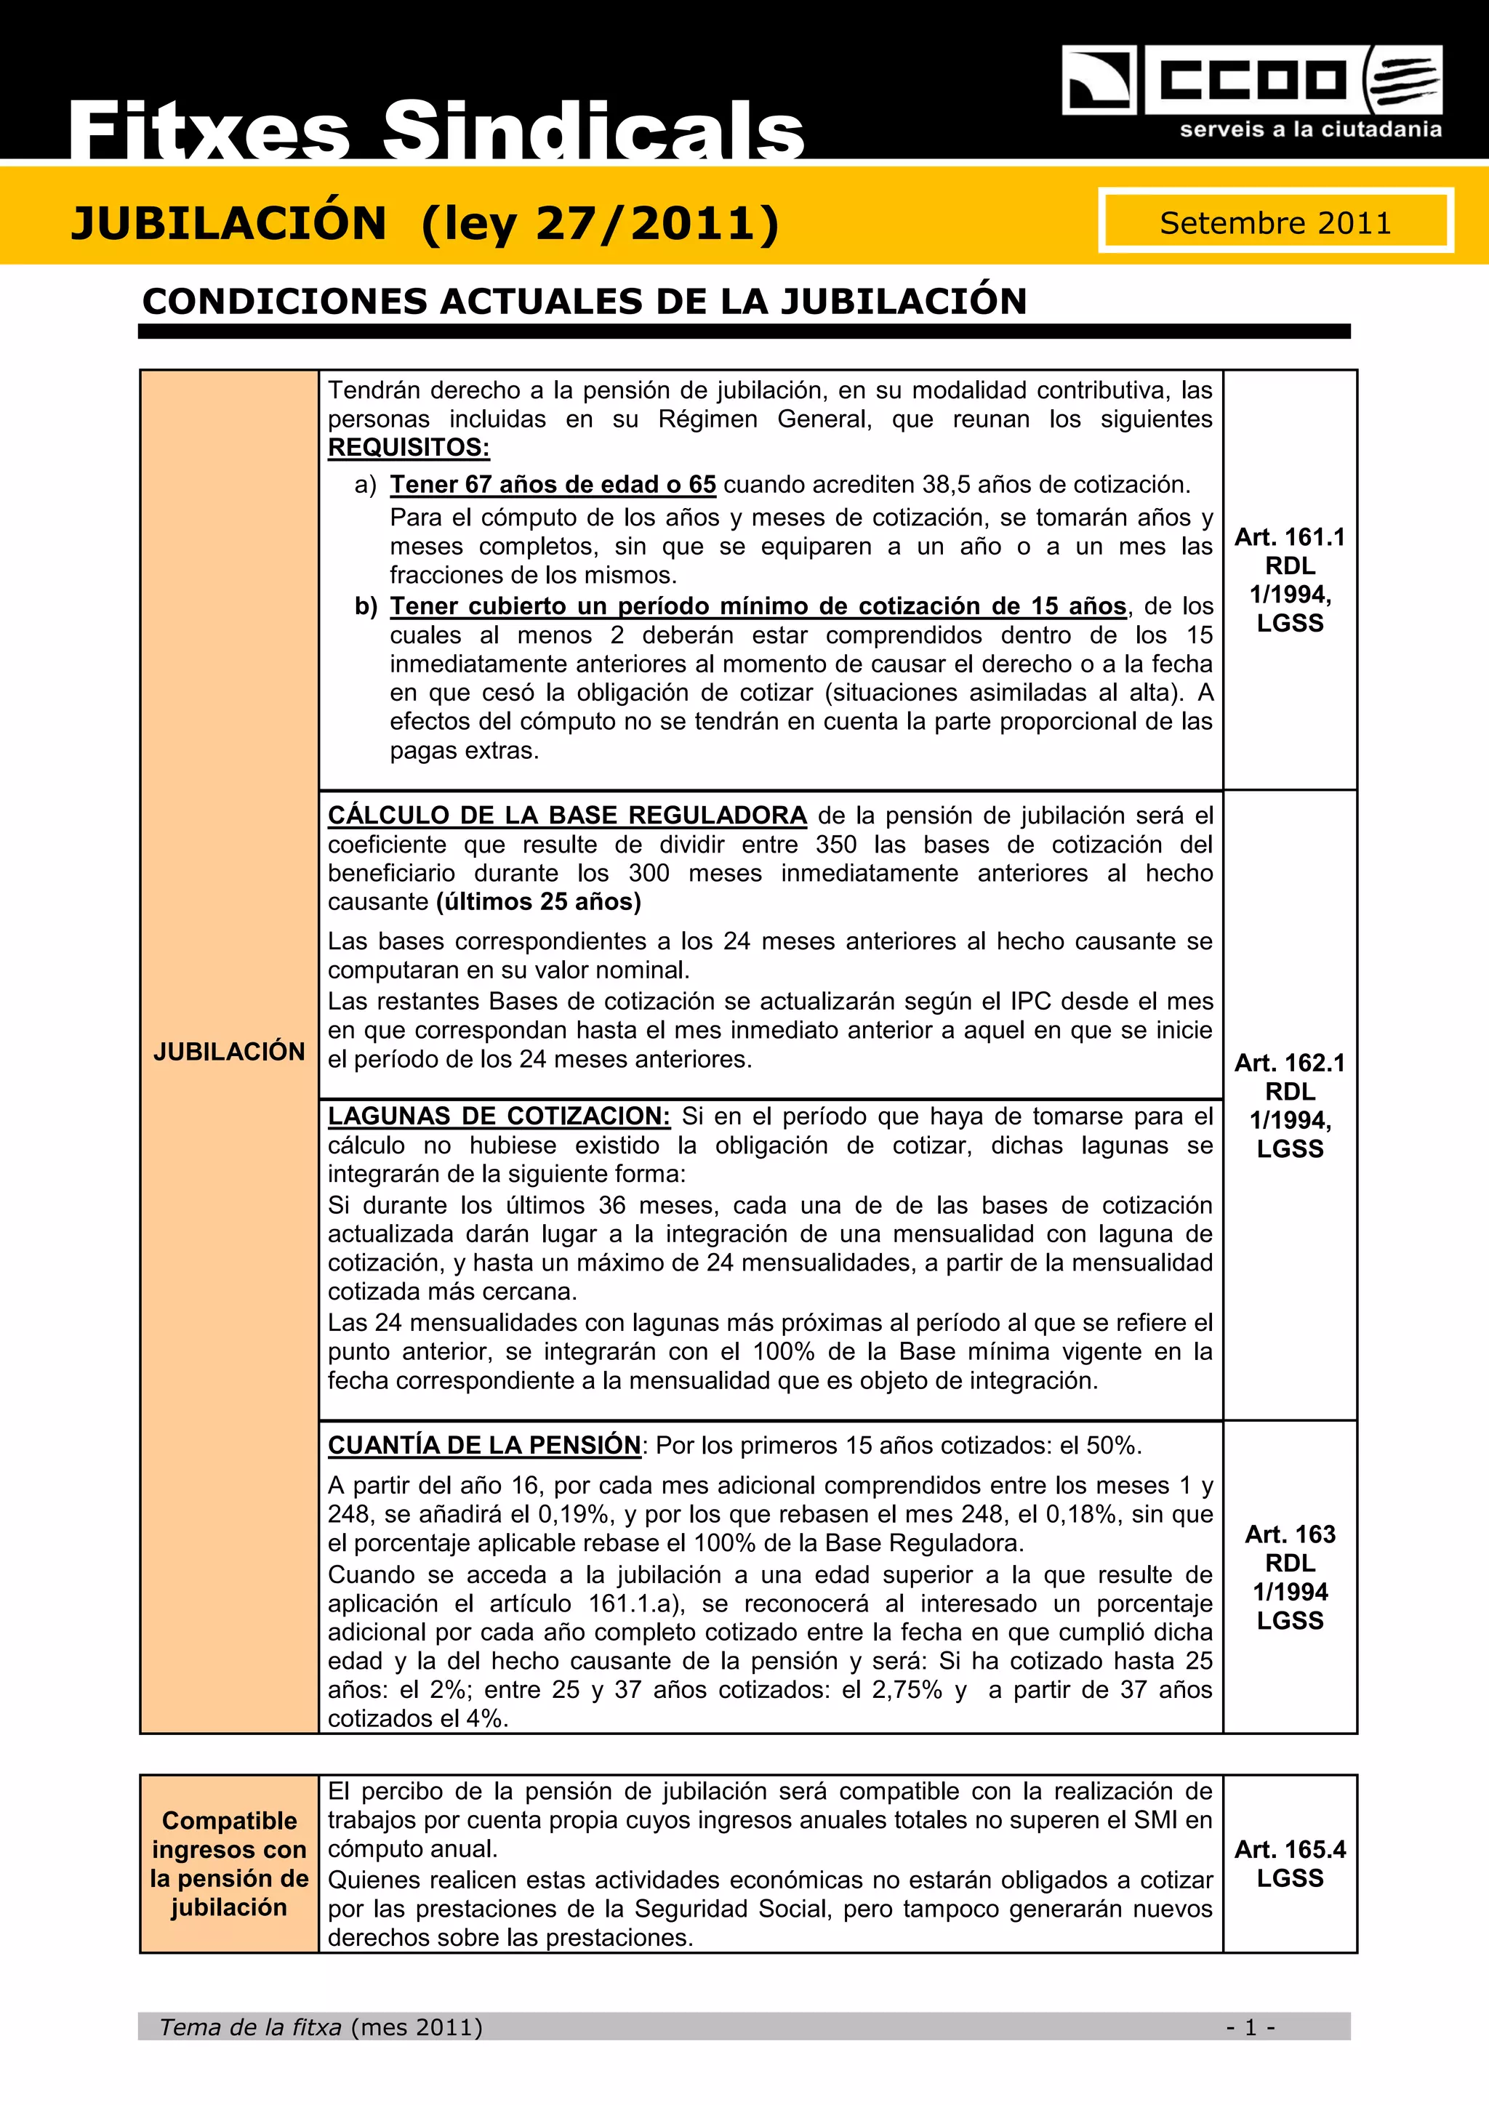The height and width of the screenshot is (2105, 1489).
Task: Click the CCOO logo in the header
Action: click(x=1251, y=81)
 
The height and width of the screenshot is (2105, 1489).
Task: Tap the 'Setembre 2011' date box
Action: click(x=1275, y=222)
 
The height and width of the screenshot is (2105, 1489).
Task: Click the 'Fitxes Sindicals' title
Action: click(x=436, y=131)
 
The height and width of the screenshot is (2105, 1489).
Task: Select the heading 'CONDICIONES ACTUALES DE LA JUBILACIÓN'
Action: click(x=584, y=302)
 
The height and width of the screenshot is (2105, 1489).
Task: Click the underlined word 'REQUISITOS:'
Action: click(x=409, y=448)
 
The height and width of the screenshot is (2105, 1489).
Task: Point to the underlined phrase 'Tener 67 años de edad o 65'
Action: click(x=553, y=484)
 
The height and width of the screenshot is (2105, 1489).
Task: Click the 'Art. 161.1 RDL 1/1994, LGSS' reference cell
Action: click(x=1290, y=579)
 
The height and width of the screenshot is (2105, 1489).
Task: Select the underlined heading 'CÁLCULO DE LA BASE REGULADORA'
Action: click(x=566, y=815)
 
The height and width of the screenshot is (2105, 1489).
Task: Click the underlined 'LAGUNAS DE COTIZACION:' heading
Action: click(x=499, y=1116)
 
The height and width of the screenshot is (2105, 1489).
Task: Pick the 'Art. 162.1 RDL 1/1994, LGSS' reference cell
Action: click(x=1290, y=1105)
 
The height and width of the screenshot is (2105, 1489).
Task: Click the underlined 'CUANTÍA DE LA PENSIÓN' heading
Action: click(x=484, y=1445)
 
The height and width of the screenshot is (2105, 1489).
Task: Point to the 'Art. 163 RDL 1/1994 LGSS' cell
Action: click(x=1290, y=1576)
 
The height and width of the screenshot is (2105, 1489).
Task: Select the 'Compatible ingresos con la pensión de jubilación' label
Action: click(x=229, y=1864)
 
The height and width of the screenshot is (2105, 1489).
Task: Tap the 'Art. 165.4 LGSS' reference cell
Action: click(x=1290, y=1864)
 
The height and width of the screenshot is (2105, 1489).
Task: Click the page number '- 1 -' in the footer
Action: click(x=1251, y=2027)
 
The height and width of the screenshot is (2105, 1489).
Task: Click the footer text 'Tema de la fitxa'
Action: click(x=250, y=2027)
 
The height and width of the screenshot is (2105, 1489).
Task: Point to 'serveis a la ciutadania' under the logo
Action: click(x=1310, y=129)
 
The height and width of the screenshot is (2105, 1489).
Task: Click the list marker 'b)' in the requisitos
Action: click(x=366, y=606)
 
